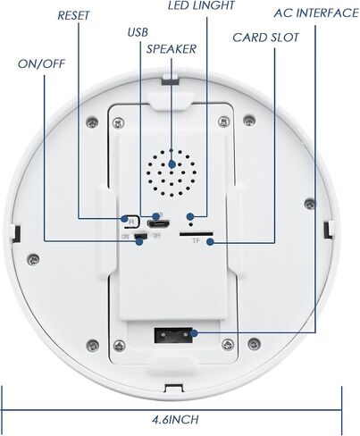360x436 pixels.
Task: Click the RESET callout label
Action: point(73,15)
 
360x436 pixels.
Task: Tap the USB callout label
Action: point(138,32)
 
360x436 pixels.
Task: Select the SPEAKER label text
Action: point(172,49)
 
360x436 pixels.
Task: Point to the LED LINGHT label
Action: point(201,5)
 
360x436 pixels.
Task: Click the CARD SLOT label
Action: point(265,38)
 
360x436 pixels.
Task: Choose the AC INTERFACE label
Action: point(316,13)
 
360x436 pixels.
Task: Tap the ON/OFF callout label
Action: point(41,63)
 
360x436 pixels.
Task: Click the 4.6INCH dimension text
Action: point(175,420)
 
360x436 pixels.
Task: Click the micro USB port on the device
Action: point(159,223)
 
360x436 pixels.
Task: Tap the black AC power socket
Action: point(173,335)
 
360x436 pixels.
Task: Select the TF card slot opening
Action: point(196,234)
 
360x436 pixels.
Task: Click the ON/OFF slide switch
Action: point(140,236)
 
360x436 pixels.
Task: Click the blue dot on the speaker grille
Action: point(172,164)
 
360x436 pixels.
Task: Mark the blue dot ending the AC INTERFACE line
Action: point(194,333)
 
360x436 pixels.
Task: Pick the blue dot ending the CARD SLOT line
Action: point(210,242)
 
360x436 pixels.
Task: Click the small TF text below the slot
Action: point(196,241)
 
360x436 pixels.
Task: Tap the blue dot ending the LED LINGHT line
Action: point(190,216)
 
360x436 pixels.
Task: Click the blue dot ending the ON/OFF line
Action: point(139,242)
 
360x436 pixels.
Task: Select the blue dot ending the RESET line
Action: point(124,219)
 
